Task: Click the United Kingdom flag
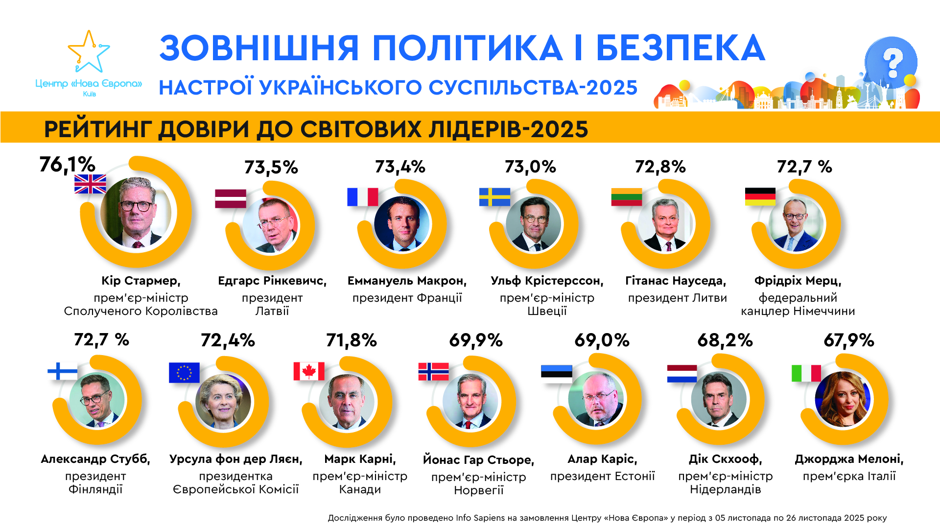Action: (90, 184)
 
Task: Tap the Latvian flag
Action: (231, 198)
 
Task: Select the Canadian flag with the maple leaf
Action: (309, 371)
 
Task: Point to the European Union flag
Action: (184, 372)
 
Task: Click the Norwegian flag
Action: (433, 371)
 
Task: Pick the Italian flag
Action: (806, 373)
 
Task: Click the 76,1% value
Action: (67, 165)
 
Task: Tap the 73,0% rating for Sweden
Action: (530, 167)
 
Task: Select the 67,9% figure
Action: (848, 340)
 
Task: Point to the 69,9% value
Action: (476, 340)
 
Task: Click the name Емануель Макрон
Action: (407, 281)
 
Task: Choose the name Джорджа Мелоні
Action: (848, 459)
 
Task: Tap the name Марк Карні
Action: (360, 459)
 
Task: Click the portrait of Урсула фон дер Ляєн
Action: (223, 402)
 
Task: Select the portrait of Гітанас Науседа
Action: (666, 224)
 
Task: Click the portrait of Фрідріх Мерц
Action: (797, 224)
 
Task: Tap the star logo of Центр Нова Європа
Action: (89, 52)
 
